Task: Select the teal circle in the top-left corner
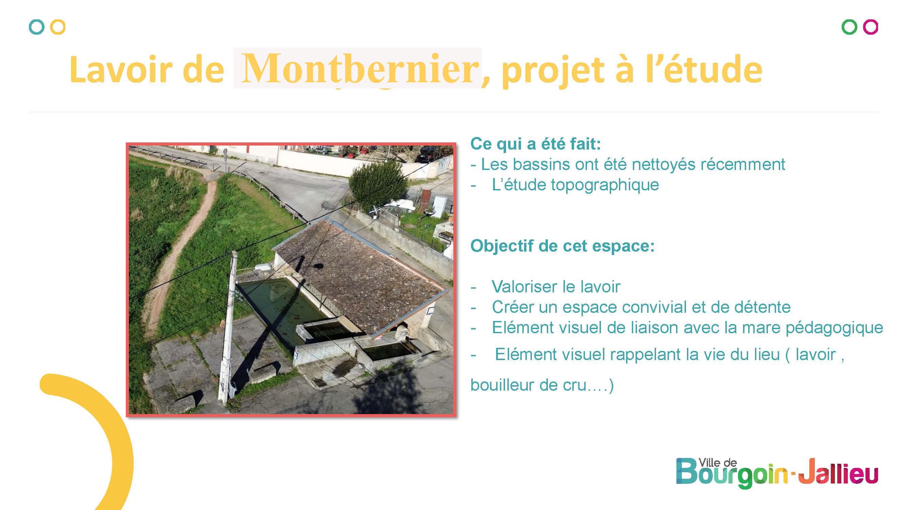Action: (37, 27)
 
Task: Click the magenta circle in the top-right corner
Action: (870, 27)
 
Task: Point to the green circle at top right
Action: (849, 27)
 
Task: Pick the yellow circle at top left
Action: (58, 27)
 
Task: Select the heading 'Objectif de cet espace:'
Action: (562, 246)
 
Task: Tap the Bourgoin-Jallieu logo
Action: (777, 473)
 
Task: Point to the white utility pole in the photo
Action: (228, 327)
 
